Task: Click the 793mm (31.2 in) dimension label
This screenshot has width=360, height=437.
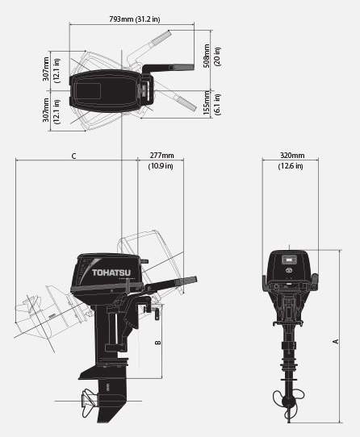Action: [135, 19]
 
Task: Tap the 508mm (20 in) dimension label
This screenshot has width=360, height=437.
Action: [211, 56]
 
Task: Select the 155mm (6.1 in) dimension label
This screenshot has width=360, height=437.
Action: [211, 102]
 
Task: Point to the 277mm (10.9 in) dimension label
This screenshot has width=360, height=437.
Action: [161, 160]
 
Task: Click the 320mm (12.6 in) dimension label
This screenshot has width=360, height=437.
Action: [291, 160]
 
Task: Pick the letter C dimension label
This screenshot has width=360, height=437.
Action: [73, 156]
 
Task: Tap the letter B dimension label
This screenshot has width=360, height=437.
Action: [158, 342]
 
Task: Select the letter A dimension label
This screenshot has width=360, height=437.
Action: [336, 341]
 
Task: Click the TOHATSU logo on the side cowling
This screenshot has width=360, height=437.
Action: [111, 273]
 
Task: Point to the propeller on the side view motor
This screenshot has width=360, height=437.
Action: [89, 402]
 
